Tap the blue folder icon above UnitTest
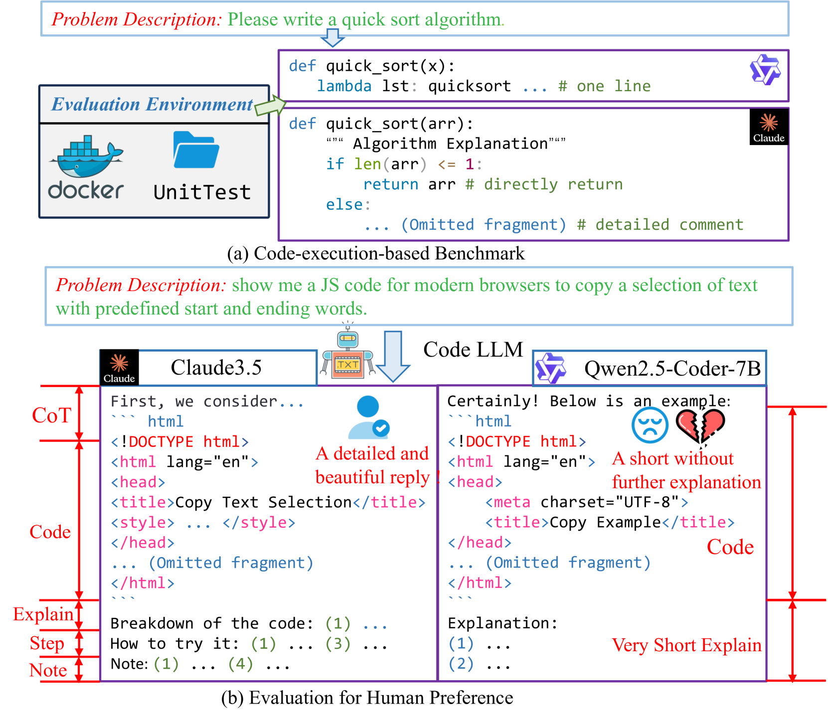(x=195, y=150)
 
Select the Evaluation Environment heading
(x=152, y=104)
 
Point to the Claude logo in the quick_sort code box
(x=768, y=127)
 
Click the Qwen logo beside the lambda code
(x=765, y=70)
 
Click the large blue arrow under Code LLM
(x=393, y=356)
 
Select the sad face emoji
(x=650, y=425)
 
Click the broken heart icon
(x=700, y=426)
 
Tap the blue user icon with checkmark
(x=369, y=418)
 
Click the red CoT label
(x=51, y=415)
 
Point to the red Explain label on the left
(x=43, y=614)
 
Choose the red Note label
(x=48, y=670)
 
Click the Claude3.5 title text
(x=216, y=368)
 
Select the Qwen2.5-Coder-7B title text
(x=672, y=369)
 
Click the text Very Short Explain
(x=686, y=645)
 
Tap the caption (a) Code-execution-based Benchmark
(x=376, y=253)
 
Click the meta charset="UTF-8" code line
(x=587, y=502)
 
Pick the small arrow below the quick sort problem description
(x=332, y=37)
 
